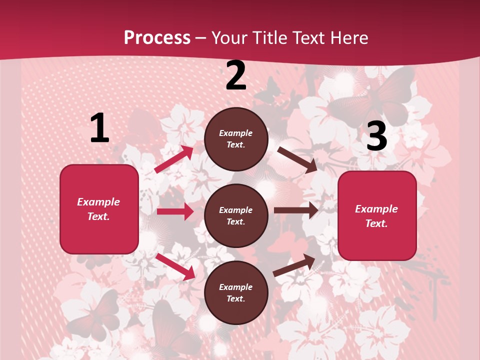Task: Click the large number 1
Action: click(99, 128)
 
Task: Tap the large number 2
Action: click(236, 76)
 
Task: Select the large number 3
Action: click(376, 136)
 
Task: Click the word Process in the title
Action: click(157, 37)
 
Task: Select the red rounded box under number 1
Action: click(99, 209)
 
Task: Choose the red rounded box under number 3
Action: click(377, 216)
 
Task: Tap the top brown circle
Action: click(236, 139)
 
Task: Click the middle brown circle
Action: click(236, 216)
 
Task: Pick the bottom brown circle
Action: click(236, 292)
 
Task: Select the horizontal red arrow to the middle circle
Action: click(175, 211)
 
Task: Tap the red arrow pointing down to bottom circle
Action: click(175, 266)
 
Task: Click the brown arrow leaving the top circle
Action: click(297, 159)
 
